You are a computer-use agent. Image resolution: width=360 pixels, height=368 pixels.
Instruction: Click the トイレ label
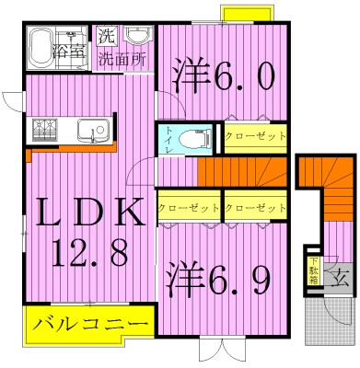pyautogui.click(x=168, y=142)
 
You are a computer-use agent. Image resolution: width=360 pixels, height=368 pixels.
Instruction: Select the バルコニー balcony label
pyautogui.click(x=78, y=324)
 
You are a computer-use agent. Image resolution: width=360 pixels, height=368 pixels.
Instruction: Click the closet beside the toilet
pyautogui.click(x=255, y=136)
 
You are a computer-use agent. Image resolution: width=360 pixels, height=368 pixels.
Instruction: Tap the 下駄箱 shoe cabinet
pyautogui.click(x=313, y=272)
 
